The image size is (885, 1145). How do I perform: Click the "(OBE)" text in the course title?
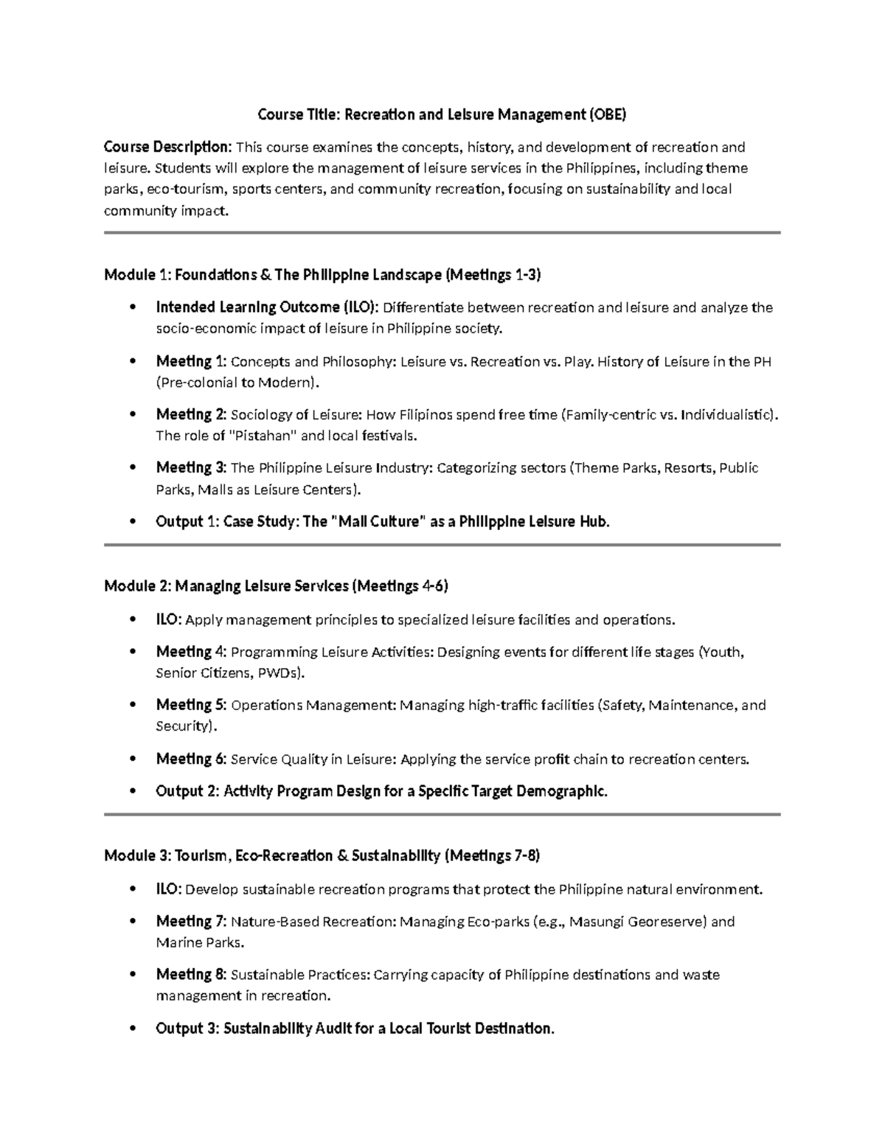pyautogui.click(x=607, y=114)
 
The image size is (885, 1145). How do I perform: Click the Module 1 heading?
pyautogui.click(x=322, y=275)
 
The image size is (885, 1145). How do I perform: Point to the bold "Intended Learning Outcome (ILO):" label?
pyautogui.click(x=267, y=307)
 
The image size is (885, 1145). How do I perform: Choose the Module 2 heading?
pyautogui.click(x=276, y=587)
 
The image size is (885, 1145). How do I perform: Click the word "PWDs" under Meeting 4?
pyautogui.click(x=277, y=673)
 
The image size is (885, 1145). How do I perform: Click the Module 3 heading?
pyautogui.click(x=322, y=856)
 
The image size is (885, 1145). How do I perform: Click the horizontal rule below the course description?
pyautogui.click(x=442, y=232)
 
